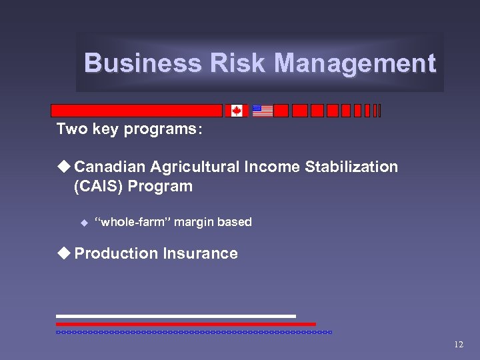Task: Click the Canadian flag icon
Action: coord(236,111)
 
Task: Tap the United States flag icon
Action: coord(263,111)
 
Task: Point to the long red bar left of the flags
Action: coord(137,111)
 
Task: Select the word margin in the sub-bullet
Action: coord(194,222)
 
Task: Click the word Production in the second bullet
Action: coord(115,253)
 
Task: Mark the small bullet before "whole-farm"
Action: coord(84,222)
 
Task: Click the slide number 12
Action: coord(458,345)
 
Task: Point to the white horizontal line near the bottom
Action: coord(175,316)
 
